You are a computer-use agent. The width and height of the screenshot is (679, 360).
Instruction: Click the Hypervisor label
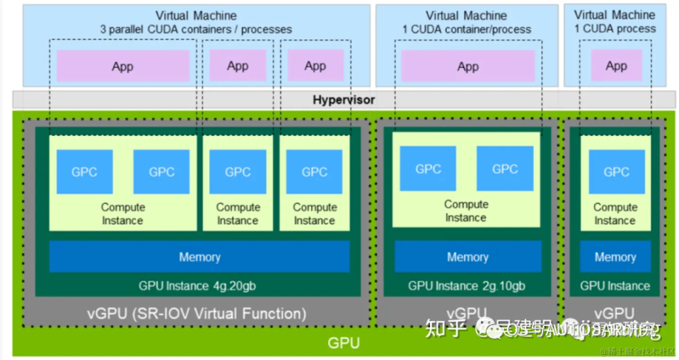pos(344,100)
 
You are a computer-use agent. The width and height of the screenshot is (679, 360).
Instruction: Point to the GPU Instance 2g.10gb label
pos(466,286)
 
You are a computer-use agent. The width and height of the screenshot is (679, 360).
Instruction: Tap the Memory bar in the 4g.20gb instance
pos(199,257)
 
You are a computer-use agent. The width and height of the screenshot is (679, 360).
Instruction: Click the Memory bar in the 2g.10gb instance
pos(467,257)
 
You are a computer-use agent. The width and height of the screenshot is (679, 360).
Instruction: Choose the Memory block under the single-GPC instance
pos(615,257)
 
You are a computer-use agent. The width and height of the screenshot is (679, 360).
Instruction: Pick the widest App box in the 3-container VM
pos(122,66)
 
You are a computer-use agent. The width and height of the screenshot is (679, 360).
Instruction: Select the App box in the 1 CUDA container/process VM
pos(468,66)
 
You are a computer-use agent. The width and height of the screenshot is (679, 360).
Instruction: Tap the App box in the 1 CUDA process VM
pos(616,66)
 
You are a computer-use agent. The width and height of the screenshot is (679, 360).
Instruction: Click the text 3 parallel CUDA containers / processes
pos(196,30)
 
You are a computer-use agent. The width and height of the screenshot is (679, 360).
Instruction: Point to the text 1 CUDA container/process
pos(466,30)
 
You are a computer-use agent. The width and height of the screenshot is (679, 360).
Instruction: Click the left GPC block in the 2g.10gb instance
pos(428,169)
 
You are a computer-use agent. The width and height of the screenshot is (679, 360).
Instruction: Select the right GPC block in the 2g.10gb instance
pos(504,169)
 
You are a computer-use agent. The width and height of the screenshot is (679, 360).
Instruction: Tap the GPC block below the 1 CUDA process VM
pos(616,172)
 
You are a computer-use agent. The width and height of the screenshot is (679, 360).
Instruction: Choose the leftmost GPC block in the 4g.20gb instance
pos(84,172)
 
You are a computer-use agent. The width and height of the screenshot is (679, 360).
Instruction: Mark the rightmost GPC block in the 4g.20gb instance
pos(314,172)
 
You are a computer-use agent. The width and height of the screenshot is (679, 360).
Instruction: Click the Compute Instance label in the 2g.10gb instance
pos(466,211)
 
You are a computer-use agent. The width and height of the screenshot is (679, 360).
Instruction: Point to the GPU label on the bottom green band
pos(343,344)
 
